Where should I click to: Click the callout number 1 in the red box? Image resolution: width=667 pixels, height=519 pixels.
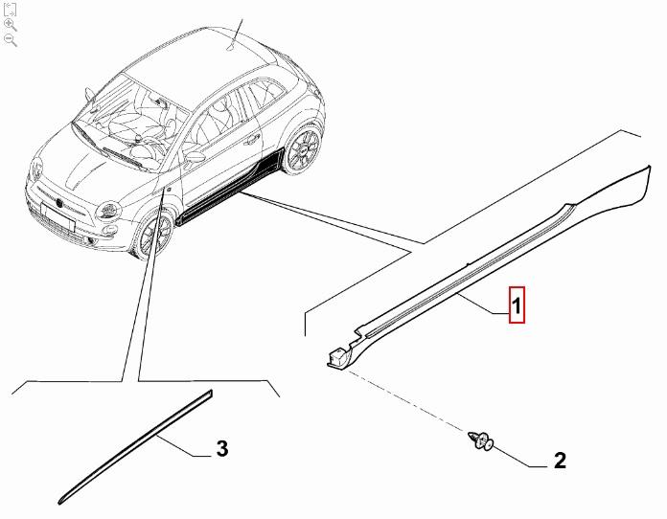[515, 307]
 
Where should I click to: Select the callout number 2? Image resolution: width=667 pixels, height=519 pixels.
[560, 461]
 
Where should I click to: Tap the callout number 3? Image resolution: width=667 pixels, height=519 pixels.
[221, 448]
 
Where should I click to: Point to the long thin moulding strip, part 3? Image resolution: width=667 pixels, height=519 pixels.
[134, 445]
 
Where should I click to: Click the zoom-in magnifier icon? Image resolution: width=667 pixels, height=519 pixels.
[11, 24]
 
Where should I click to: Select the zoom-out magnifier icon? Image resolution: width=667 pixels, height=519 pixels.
[11, 39]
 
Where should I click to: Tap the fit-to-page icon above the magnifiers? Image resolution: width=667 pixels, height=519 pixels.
[11, 9]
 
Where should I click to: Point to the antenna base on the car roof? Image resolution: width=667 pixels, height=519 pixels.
[230, 45]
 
